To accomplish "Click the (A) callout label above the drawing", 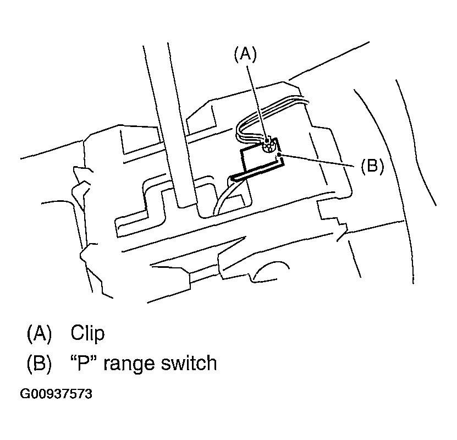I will pyautogui.click(x=245, y=53).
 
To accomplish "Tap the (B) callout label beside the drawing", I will pyautogui.click(x=372, y=166).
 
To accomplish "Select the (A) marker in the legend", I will pyautogui.click(x=39, y=333).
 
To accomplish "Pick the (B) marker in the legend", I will pyautogui.click(x=39, y=363).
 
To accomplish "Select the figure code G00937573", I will pyautogui.click(x=56, y=394).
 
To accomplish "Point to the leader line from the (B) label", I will pyautogui.click(x=319, y=162).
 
